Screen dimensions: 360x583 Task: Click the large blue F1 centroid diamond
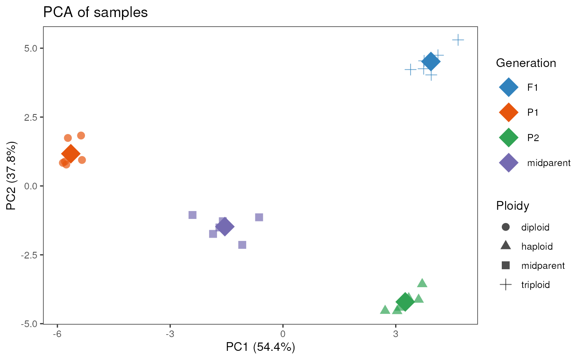click(x=431, y=62)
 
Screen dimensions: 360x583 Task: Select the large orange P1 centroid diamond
click(x=71, y=154)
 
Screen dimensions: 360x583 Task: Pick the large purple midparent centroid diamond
click(x=225, y=226)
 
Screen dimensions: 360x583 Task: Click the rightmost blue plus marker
click(x=458, y=40)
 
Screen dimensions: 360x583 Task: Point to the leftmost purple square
click(x=192, y=215)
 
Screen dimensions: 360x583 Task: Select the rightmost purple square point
click(x=259, y=217)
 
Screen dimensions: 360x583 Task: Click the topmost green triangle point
click(x=422, y=283)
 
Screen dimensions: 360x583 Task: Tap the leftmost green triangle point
click(x=385, y=310)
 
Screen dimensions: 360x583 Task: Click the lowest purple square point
click(x=242, y=245)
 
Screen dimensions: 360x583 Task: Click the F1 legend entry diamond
click(x=508, y=87)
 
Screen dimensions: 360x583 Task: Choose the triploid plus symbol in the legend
click(x=506, y=285)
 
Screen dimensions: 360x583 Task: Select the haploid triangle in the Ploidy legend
click(x=506, y=246)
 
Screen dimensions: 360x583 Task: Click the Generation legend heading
click(x=526, y=63)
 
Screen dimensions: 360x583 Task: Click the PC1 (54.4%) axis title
click(x=260, y=348)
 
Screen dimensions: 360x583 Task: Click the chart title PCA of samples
click(x=95, y=12)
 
